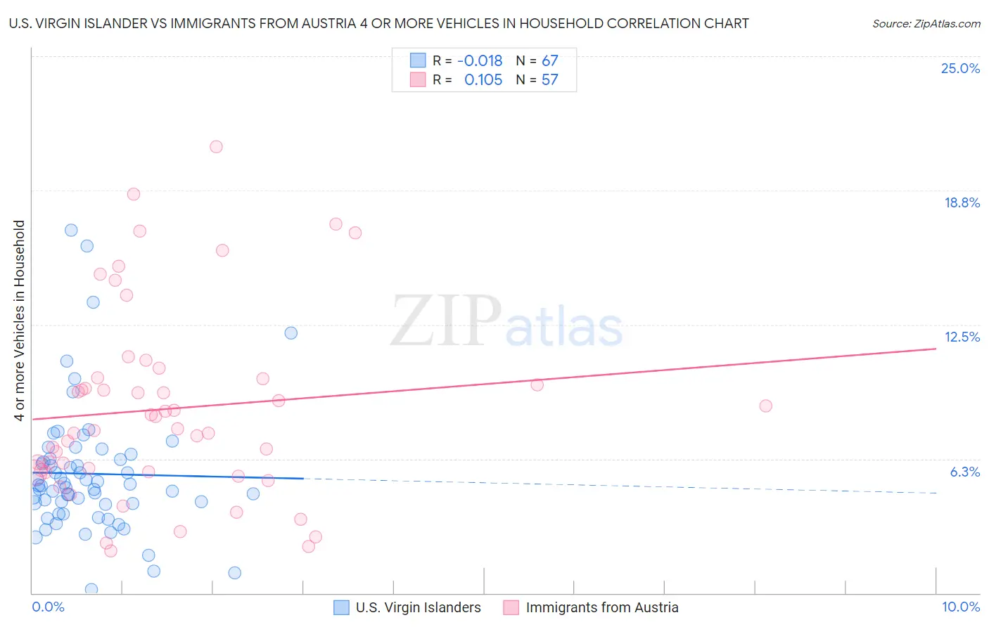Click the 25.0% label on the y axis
(960, 68)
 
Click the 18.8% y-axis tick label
(962, 202)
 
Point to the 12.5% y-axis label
(962, 337)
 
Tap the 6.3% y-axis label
(964, 472)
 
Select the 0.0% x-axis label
(48, 607)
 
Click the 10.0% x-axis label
(960, 607)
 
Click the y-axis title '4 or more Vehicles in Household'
(20, 321)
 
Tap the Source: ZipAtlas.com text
(926, 23)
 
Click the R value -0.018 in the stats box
(480, 60)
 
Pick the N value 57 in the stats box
(549, 79)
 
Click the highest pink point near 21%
(216, 147)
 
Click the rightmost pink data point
(765, 406)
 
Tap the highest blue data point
(71, 230)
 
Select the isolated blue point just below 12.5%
(291, 333)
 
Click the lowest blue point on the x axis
(91, 589)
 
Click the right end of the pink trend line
(936, 349)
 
